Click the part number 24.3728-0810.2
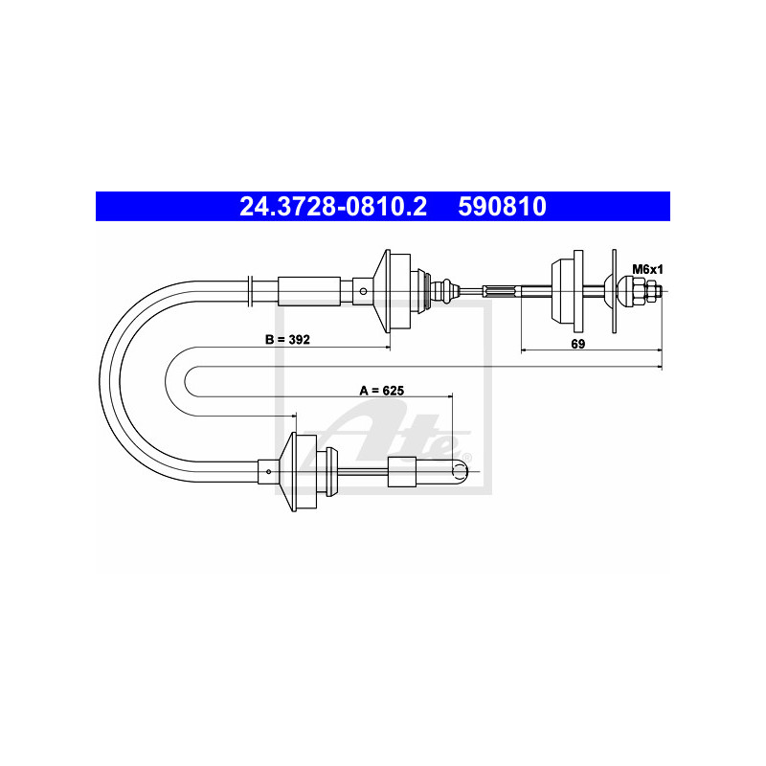(333, 206)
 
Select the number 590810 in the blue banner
(502, 206)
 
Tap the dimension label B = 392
(287, 339)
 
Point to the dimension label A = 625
(382, 391)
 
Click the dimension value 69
(578, 344)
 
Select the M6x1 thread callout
(648, 269)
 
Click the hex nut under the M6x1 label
(639, 292)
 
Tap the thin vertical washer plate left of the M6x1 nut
(614, 292)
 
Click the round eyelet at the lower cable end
(460, 471)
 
